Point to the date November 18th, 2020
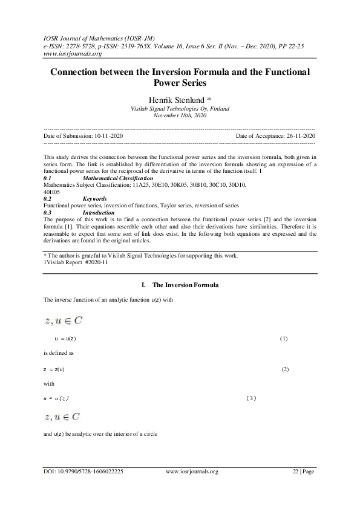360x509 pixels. [x=180, y=115]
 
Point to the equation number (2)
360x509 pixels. [x=286, y=369]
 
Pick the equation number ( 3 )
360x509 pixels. [x=252, y=398]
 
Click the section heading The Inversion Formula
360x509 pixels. [x=184, y=284]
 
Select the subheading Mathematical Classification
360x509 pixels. [x=117, y=179]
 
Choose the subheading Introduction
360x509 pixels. [x=98, y=212]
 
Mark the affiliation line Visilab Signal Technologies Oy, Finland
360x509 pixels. [x=180, y=109]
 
